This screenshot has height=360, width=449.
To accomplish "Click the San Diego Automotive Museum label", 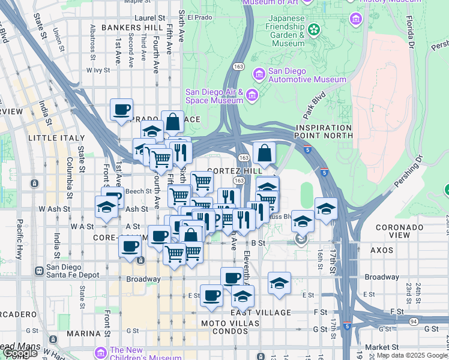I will pyautogui.click(x=307, y=74).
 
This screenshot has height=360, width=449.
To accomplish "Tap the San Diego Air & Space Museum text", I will pyautogui.click(x=214, y=96).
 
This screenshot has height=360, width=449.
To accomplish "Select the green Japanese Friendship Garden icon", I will pyautogui.click(x=313, y=29).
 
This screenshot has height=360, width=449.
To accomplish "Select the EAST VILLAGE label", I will pyautogui.click(x=261, y=313).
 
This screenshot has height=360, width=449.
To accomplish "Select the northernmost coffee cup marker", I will pyautogui.click(x=122, y=110).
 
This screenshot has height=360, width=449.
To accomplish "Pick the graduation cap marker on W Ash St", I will pyautogui.click(x=106, y=207).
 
